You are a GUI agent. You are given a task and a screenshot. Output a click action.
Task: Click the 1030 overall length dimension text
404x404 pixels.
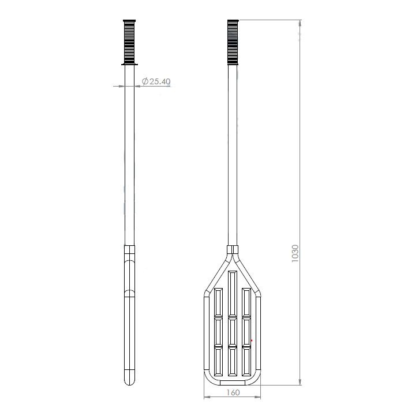click(x=295, y=254)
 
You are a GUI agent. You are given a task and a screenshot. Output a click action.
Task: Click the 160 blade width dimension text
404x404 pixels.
click(x=233, y=393)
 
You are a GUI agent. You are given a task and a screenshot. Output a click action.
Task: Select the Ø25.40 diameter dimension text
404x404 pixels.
click(x=156, y=82)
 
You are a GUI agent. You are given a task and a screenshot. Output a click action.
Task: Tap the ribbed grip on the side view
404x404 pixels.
click(x=130, y=40)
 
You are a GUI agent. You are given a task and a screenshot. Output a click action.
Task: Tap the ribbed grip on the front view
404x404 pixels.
click(x=233, y=40)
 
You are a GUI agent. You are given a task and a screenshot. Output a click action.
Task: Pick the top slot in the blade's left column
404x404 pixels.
click(x=219, y=300)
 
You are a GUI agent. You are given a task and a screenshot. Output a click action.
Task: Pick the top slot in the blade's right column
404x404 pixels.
click(x=246, y=300)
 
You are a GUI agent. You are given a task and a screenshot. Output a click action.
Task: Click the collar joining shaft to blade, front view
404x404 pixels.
click(x=233, y=250)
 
